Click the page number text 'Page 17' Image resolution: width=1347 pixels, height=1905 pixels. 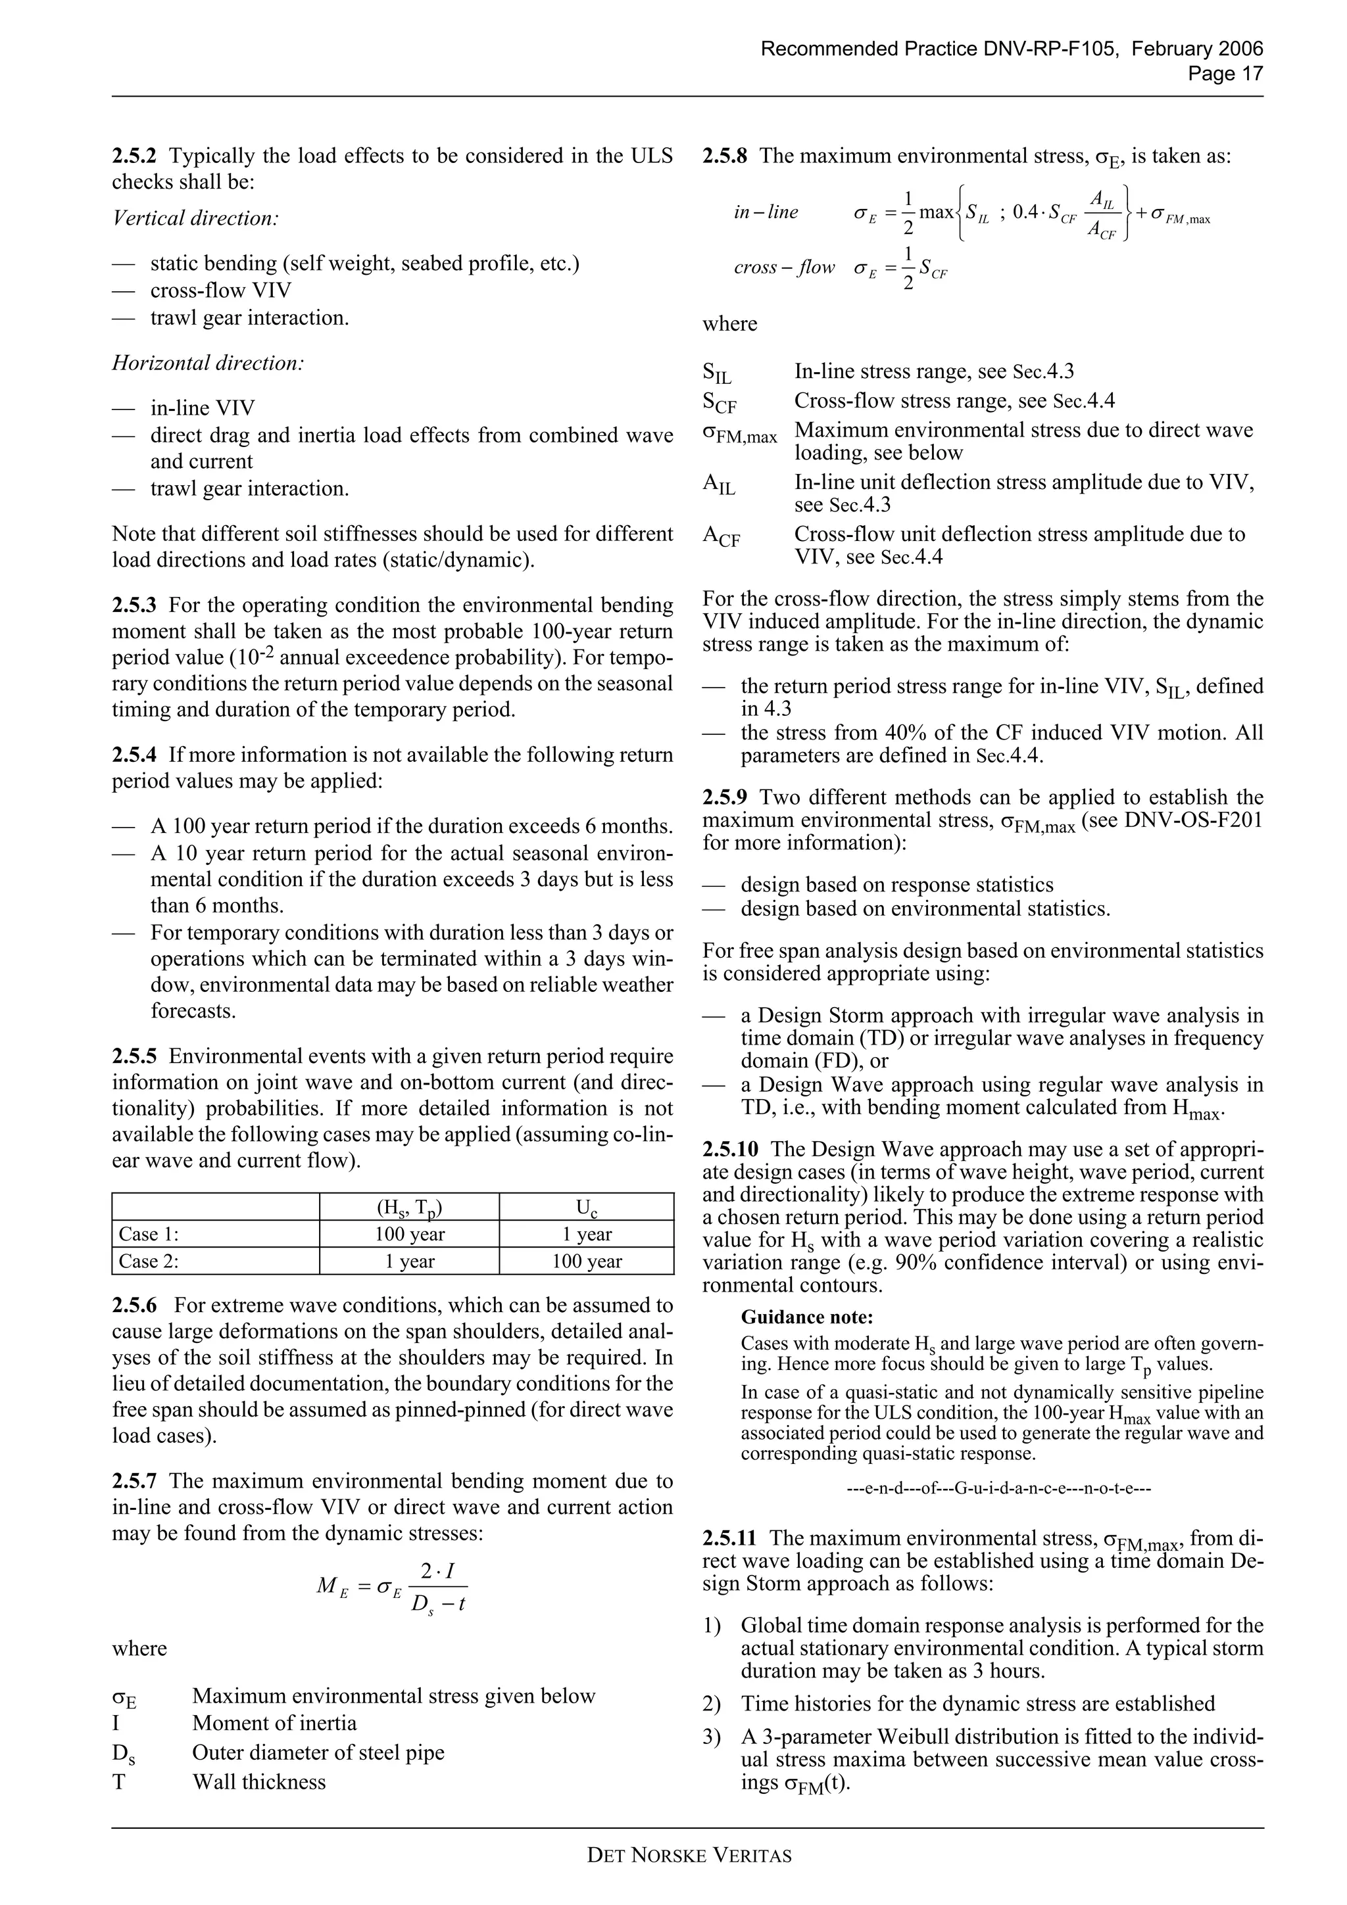pyautogui.click(x=1225, y=74)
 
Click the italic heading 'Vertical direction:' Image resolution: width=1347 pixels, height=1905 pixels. pyautogui.click(x=195, y=218)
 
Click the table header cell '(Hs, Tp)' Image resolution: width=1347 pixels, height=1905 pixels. pyautogui.click(x=409, y=1207)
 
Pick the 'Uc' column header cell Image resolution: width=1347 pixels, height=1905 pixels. pyautogui.click(x=586, y=1207)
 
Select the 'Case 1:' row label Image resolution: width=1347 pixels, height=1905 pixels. pyautogui.click(x=149, y=1234)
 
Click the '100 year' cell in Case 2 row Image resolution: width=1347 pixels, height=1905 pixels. pyautogui.click(x=586, y=1261)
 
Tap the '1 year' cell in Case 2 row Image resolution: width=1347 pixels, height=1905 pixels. pyautogui.click(x=409, y=1261)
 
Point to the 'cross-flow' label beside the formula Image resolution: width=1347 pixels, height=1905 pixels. pyautogui.click(x=783, y=267)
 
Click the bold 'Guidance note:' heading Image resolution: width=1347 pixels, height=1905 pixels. pyautogui.click(x=807, y=1317)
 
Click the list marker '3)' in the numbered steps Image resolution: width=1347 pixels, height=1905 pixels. pyautogui.click(x=711, y=1737)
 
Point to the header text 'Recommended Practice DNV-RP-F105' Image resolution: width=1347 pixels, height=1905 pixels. pyautogui.click(x=938, y=49)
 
